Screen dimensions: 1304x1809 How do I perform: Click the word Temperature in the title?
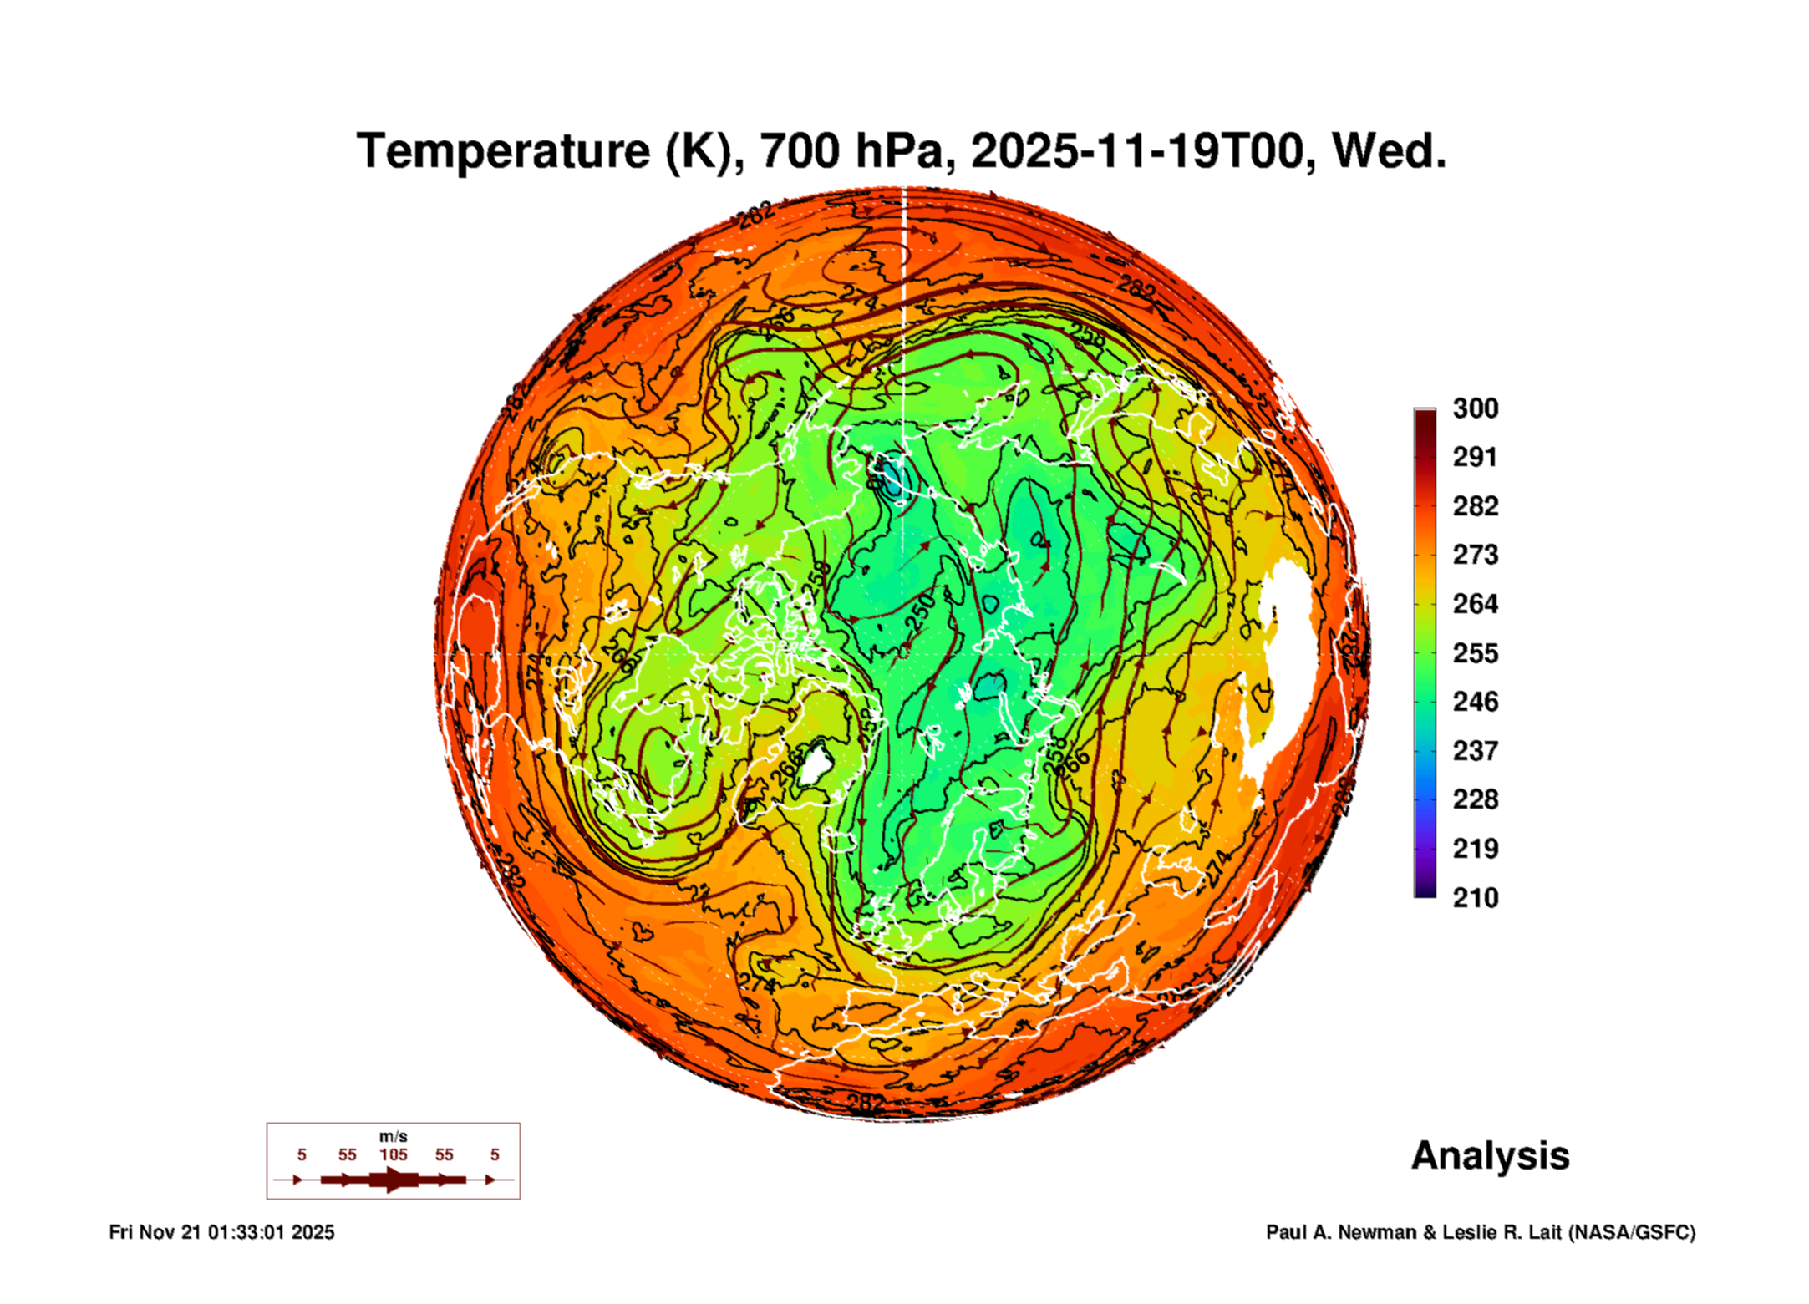503,151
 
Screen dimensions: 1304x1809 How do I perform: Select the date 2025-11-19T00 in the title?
1137,151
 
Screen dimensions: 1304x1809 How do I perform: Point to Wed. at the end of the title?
1389,151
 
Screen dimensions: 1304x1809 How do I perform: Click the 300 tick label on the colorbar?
1475,408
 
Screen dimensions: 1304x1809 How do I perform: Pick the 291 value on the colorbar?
1475,457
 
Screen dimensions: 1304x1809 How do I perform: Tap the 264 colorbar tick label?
1475,604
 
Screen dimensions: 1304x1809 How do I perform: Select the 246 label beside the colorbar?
1475,702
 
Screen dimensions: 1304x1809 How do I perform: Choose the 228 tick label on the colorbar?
1475,799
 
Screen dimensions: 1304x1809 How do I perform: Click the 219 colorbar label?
1475,849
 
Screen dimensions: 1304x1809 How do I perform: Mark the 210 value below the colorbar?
1475,898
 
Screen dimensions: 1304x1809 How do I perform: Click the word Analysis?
1490,1155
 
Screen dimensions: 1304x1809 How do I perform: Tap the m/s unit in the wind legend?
393,1136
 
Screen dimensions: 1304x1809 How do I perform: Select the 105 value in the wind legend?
393,1154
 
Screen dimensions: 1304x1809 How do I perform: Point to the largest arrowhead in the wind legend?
394,1180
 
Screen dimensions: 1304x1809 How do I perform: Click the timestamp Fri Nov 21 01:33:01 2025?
221,1232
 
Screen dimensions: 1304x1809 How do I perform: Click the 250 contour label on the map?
920,612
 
